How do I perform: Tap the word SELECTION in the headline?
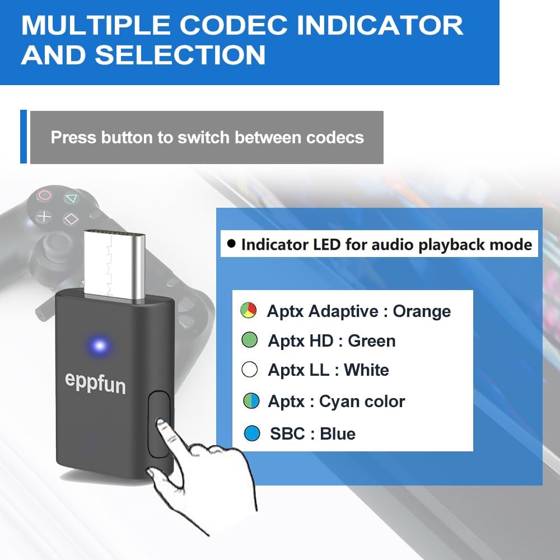pos(180,54)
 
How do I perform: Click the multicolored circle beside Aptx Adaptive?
pos(248,310)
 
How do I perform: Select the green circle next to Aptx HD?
pos(249,340)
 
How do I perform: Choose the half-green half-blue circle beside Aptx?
pos(251,401)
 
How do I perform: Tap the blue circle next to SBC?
pos(253,433)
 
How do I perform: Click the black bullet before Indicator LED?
pos(231,244)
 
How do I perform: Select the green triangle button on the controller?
pos(71,198)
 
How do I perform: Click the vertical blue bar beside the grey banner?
pos(24,137)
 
